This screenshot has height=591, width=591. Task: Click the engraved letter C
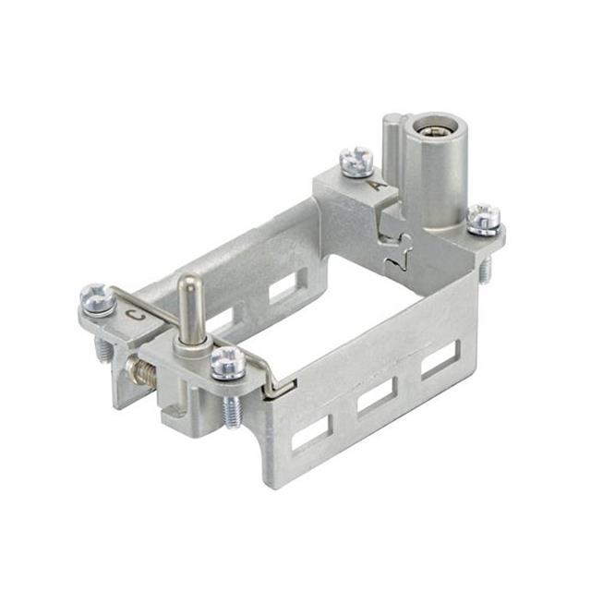click(x=136, y=316)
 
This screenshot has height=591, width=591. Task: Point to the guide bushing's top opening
click(x=429, y=125)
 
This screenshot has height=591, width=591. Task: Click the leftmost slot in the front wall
click(x=311, y=433)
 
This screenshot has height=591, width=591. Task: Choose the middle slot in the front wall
click(x=377, y=398)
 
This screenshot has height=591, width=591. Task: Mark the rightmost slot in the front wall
click(x=440, y=360)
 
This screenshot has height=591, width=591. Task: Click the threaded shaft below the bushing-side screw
click(x=485, y=263)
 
